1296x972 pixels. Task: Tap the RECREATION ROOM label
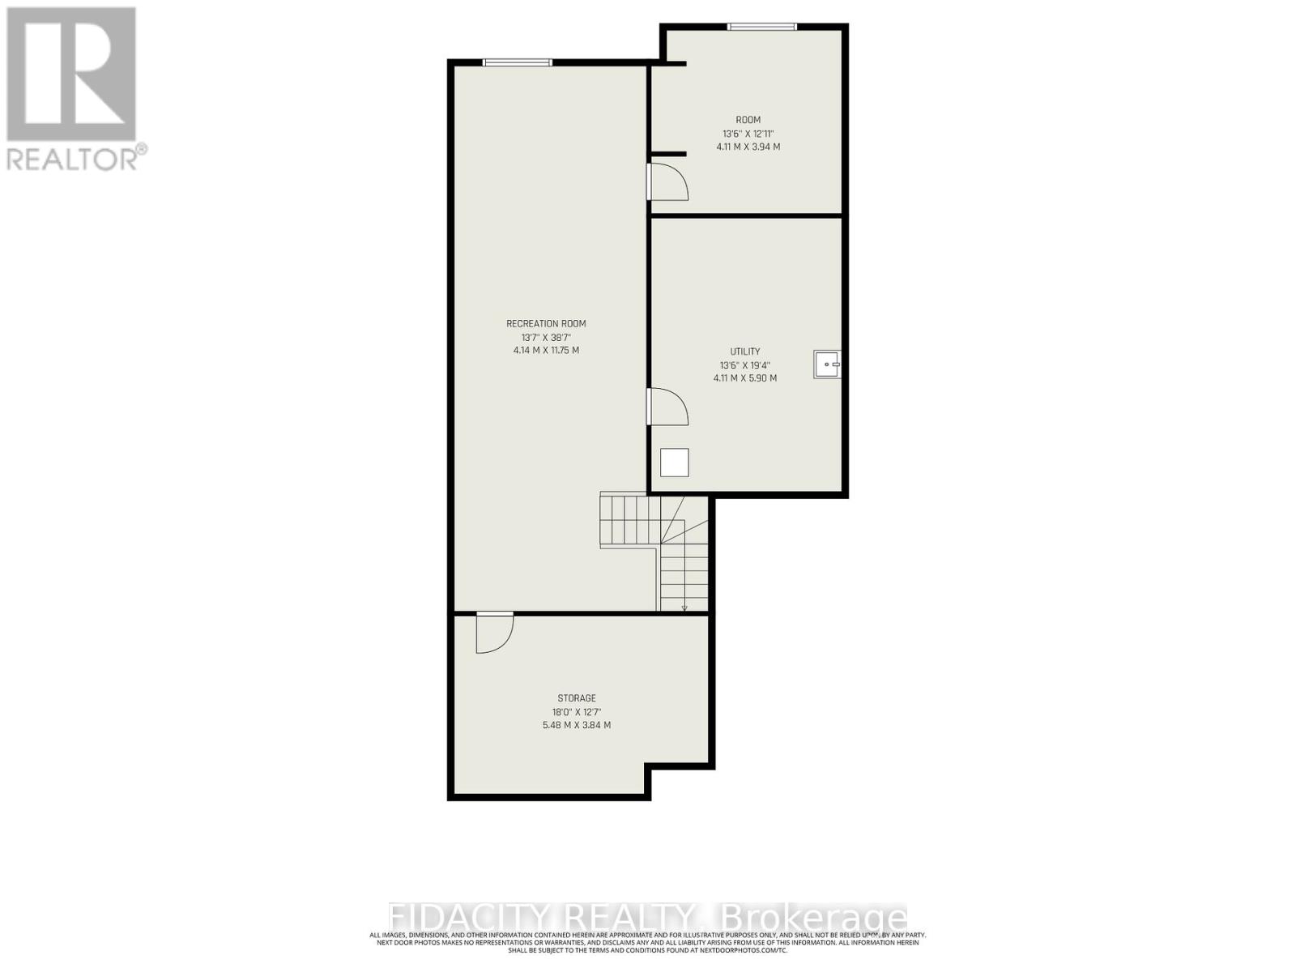546,324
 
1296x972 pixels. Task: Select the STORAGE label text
577,698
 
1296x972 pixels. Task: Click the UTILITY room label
745,352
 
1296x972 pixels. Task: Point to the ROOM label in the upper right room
748,120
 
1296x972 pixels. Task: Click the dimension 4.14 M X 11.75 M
546,351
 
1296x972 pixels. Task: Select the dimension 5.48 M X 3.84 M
577,725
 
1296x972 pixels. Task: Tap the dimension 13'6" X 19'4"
745,364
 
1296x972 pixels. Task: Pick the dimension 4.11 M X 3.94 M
748,147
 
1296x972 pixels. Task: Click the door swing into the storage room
493,633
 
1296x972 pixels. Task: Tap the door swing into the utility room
667,407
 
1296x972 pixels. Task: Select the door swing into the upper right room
667,182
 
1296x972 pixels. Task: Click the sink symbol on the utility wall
827,364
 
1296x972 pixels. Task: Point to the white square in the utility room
674,463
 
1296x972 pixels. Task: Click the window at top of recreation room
518,62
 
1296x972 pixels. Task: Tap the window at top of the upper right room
762,27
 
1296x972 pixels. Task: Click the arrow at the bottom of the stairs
684,607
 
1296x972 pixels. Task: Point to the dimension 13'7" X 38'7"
546,337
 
